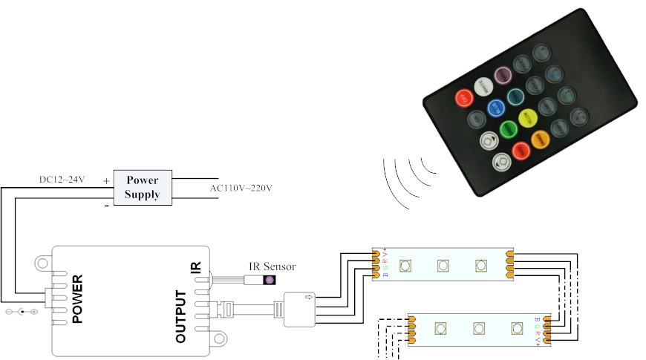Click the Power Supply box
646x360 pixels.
tap(143, 187)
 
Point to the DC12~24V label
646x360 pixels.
tap(62, 180)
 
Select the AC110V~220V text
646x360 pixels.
tap(241, 188)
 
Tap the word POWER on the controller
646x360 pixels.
tap(76, 298)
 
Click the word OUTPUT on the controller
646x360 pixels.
tap(180, 316)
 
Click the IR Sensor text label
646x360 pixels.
tap(272, 266)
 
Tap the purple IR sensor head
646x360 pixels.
tap(269, 281)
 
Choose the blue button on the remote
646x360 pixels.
tap(496, 108)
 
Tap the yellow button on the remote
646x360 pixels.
tap(527, 117)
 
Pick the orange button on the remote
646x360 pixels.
tap(540, 137)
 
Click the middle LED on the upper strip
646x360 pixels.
tap(443, 265)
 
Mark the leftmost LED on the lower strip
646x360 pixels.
tap(440, 327)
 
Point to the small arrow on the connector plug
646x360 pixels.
tap(308, 298)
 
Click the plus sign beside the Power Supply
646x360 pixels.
tap(107, 180)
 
